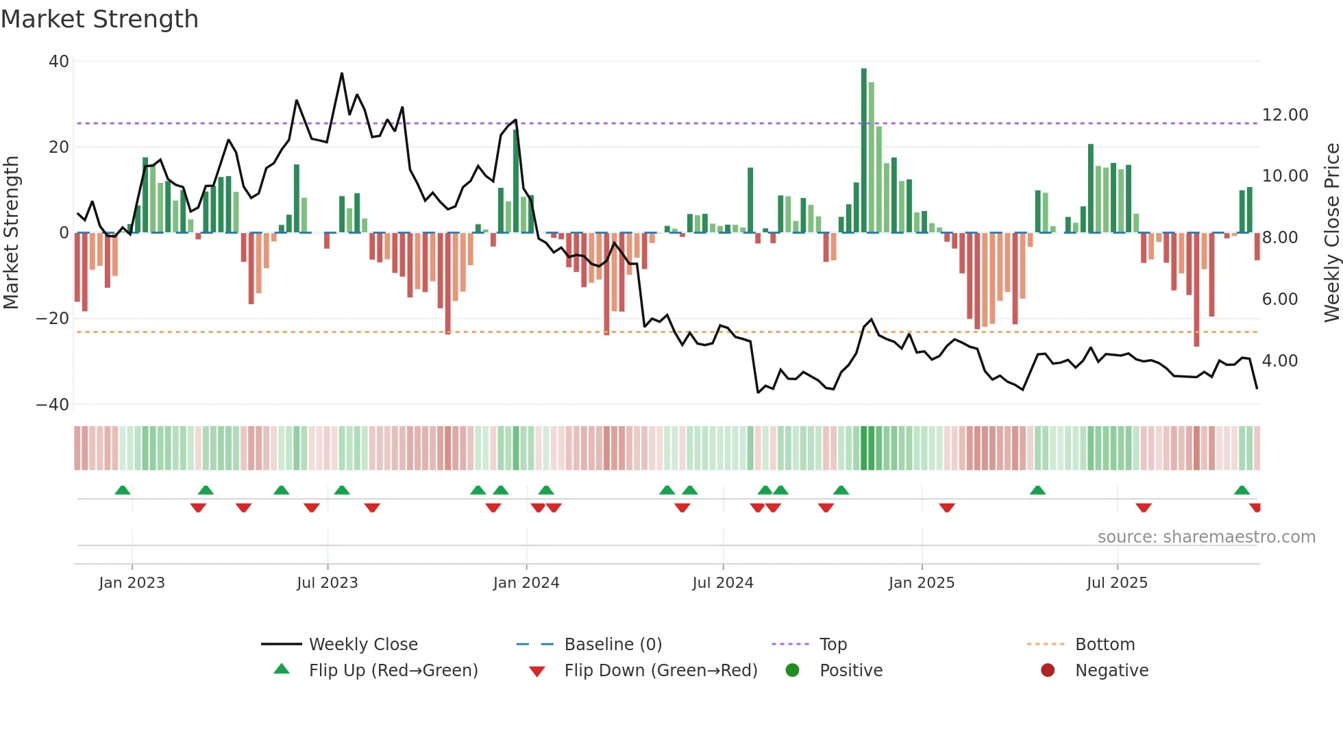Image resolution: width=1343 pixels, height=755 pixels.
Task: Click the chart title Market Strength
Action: point(99,19)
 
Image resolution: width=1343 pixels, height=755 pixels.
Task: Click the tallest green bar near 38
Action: point(864,151)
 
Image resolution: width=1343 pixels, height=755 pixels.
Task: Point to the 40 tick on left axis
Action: point(59,62)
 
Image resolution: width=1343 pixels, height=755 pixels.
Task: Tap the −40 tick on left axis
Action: point(53,405)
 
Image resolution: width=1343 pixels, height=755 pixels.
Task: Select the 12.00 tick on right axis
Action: point(1285,115)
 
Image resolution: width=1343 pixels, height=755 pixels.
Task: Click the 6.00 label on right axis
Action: point(1279,299)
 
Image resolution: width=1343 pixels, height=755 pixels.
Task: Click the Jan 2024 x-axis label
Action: point(526,583)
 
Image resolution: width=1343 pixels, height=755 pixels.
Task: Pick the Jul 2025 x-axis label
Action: point(1117,583)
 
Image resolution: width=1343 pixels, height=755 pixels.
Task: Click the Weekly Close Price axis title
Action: point(1331,233)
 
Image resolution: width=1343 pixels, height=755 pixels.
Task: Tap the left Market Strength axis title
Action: point(12,233)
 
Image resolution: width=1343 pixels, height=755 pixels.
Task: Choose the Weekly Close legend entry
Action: point(362,645)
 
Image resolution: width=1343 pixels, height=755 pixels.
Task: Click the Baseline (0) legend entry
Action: point(613,645)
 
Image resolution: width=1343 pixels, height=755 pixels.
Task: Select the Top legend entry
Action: point(833,645)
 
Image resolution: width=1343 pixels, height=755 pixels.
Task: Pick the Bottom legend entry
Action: point(1105,645)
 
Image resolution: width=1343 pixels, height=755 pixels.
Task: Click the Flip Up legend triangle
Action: point(282,669)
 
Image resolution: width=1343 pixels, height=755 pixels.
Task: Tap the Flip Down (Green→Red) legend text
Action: point(661,671)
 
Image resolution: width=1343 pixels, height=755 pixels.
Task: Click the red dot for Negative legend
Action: point(1048,671)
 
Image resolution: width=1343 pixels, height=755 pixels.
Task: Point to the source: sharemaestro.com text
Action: point(1206,537)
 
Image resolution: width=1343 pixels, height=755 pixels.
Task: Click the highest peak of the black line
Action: point(342,73)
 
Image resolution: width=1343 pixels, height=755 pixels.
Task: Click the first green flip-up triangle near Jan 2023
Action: point(123,490)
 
